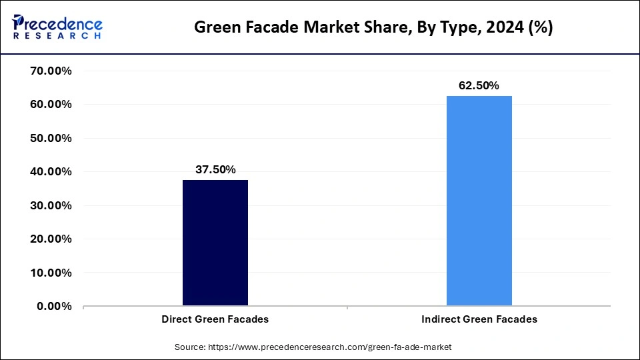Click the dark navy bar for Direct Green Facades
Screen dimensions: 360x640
click(215, 243)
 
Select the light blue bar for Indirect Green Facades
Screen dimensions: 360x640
click(479, 201)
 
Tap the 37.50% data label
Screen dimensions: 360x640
click(215, 169)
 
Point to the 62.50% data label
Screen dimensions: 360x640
click(479, 85)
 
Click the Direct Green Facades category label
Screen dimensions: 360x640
click(215, 319)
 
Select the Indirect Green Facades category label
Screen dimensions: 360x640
click(479, 319)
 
